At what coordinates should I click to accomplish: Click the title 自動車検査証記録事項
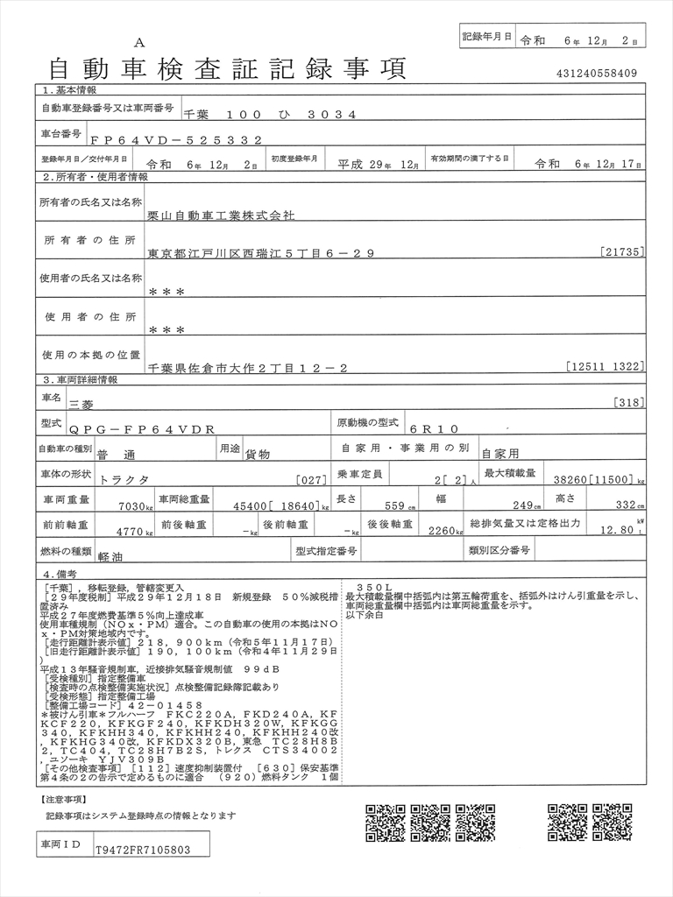tap(227, 68)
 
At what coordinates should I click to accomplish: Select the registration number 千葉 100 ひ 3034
tap(270, 115)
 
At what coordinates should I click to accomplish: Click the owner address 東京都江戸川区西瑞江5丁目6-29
tap(261, 253)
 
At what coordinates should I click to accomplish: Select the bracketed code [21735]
tap(623, 252)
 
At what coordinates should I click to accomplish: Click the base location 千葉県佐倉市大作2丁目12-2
tap(248, 369)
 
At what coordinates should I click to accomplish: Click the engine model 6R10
tap(433, 429)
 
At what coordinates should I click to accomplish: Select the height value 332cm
tap(627, 505)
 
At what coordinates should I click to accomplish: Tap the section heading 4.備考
tap(65, 572)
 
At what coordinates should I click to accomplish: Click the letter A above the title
tap(139, 42)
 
